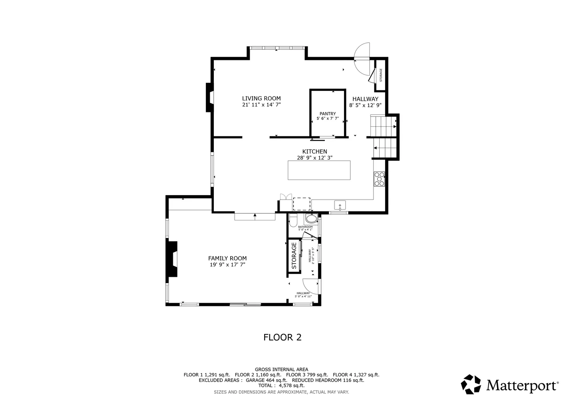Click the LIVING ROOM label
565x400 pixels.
coord(261,98)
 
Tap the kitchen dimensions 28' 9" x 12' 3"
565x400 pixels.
coord(314,158)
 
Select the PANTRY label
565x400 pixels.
coord(328,114)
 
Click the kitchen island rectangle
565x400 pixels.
coord(319,170)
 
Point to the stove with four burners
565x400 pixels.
coord(379,179)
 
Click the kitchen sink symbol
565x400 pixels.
coord(340,206)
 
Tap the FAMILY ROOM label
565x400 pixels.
coord(227,258)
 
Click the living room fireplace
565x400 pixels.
coord(209,97)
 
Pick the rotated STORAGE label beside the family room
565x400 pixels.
coord(294,256)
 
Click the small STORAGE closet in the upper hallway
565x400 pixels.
coord(380,75)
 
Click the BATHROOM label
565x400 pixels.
coord(305,227)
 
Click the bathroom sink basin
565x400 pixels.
coord(310,219)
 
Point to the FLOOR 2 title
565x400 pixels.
coord(282,337)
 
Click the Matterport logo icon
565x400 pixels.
coord(471,384)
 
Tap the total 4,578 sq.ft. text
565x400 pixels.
coord(281,386)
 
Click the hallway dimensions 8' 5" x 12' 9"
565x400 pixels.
coord(365,105)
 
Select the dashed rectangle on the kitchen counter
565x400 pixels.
coord(302,204)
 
